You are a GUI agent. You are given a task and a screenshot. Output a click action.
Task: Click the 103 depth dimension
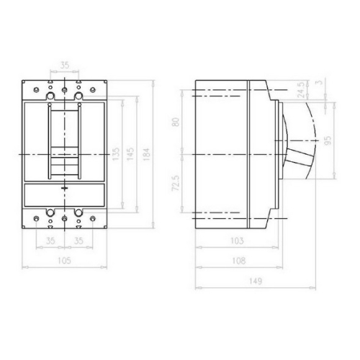235,240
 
